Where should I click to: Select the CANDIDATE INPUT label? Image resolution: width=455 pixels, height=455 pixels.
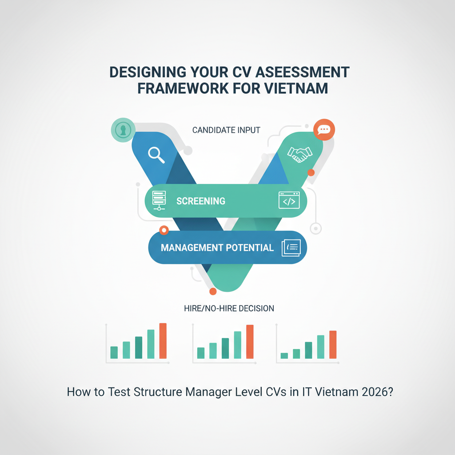(x=226, y=130)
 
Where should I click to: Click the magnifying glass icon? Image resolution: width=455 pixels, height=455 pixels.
(x=156, y=154)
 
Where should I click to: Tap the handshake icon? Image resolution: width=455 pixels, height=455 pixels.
(x=299, y=153)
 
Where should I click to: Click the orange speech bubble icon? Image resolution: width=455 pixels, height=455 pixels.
(x=324, y=130)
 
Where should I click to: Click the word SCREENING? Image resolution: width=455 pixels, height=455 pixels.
(x=201, y=201)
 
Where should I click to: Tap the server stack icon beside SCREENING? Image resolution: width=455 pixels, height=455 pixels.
(x=159, y=200)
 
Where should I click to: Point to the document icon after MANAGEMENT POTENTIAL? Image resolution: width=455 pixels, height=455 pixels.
(x=291, y=247)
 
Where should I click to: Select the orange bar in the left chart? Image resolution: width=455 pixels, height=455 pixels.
(x=163, y=341)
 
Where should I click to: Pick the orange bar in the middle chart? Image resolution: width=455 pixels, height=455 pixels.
(x=250, y=342)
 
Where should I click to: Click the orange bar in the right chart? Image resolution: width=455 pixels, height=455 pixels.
(x=333, y=344)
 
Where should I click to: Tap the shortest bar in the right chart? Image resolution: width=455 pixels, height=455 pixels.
(x=284, y=355)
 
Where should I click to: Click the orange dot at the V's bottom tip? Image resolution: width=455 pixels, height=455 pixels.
(x=213, y=291)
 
